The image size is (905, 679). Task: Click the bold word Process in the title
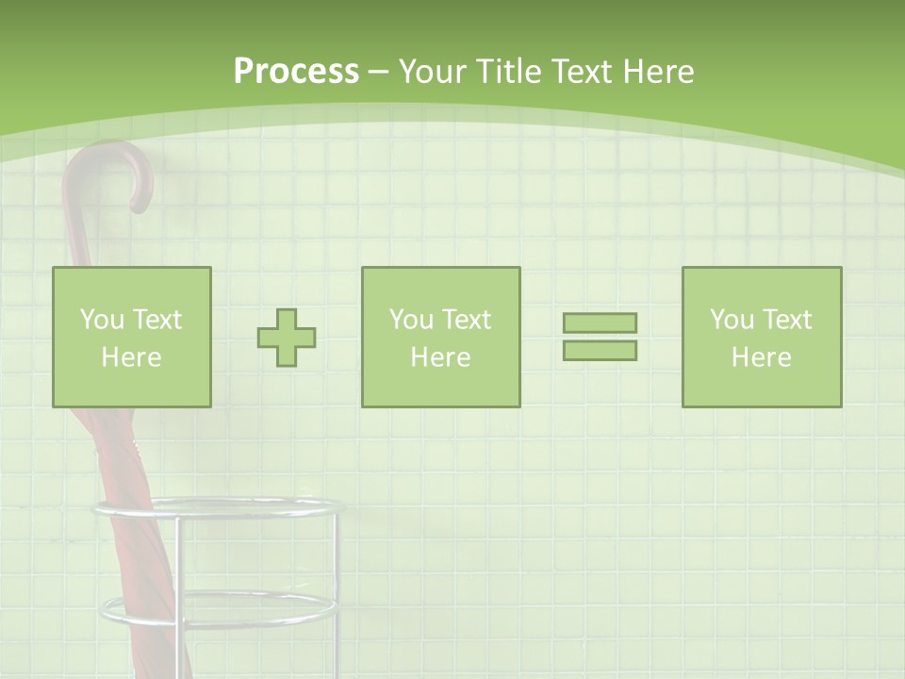click(296, 72)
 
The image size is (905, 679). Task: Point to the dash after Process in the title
click(379, 73)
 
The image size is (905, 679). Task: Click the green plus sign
click(287, 338)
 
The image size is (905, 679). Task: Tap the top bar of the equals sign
click(600, 323)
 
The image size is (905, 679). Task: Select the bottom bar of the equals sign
click(600, 351)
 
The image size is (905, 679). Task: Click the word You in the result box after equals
click(731, 320)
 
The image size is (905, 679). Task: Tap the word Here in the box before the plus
click(131, 357)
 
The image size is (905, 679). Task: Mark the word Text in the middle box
click(468, 320)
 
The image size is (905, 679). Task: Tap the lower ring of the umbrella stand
click(218, 612)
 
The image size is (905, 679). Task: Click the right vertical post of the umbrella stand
click(335, 594)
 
